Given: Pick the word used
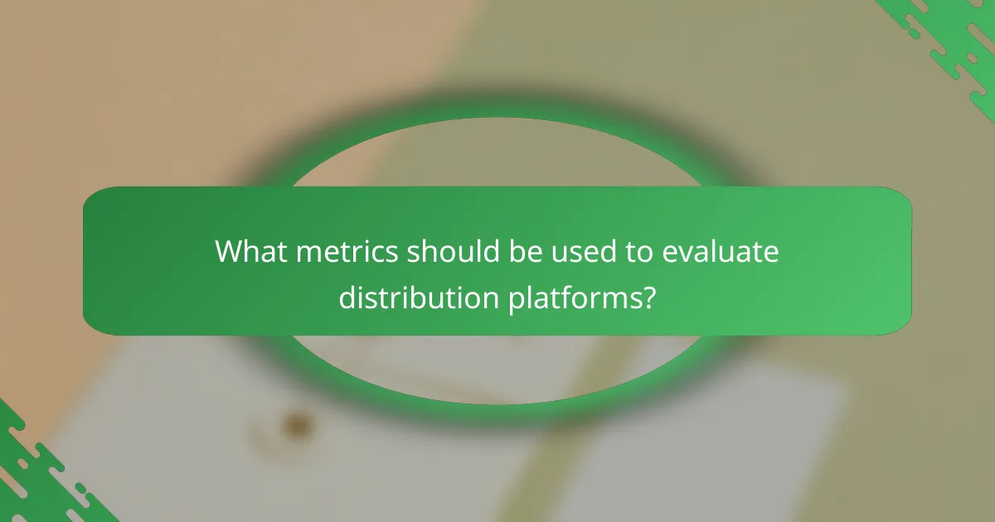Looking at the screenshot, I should point(579,252).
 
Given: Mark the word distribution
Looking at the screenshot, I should point(418,297).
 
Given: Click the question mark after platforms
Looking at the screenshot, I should point(648,297).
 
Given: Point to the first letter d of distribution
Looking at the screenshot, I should point(346,297).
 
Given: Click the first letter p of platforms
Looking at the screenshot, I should point(515,298).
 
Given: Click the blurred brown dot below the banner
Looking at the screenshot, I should point(294,425).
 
